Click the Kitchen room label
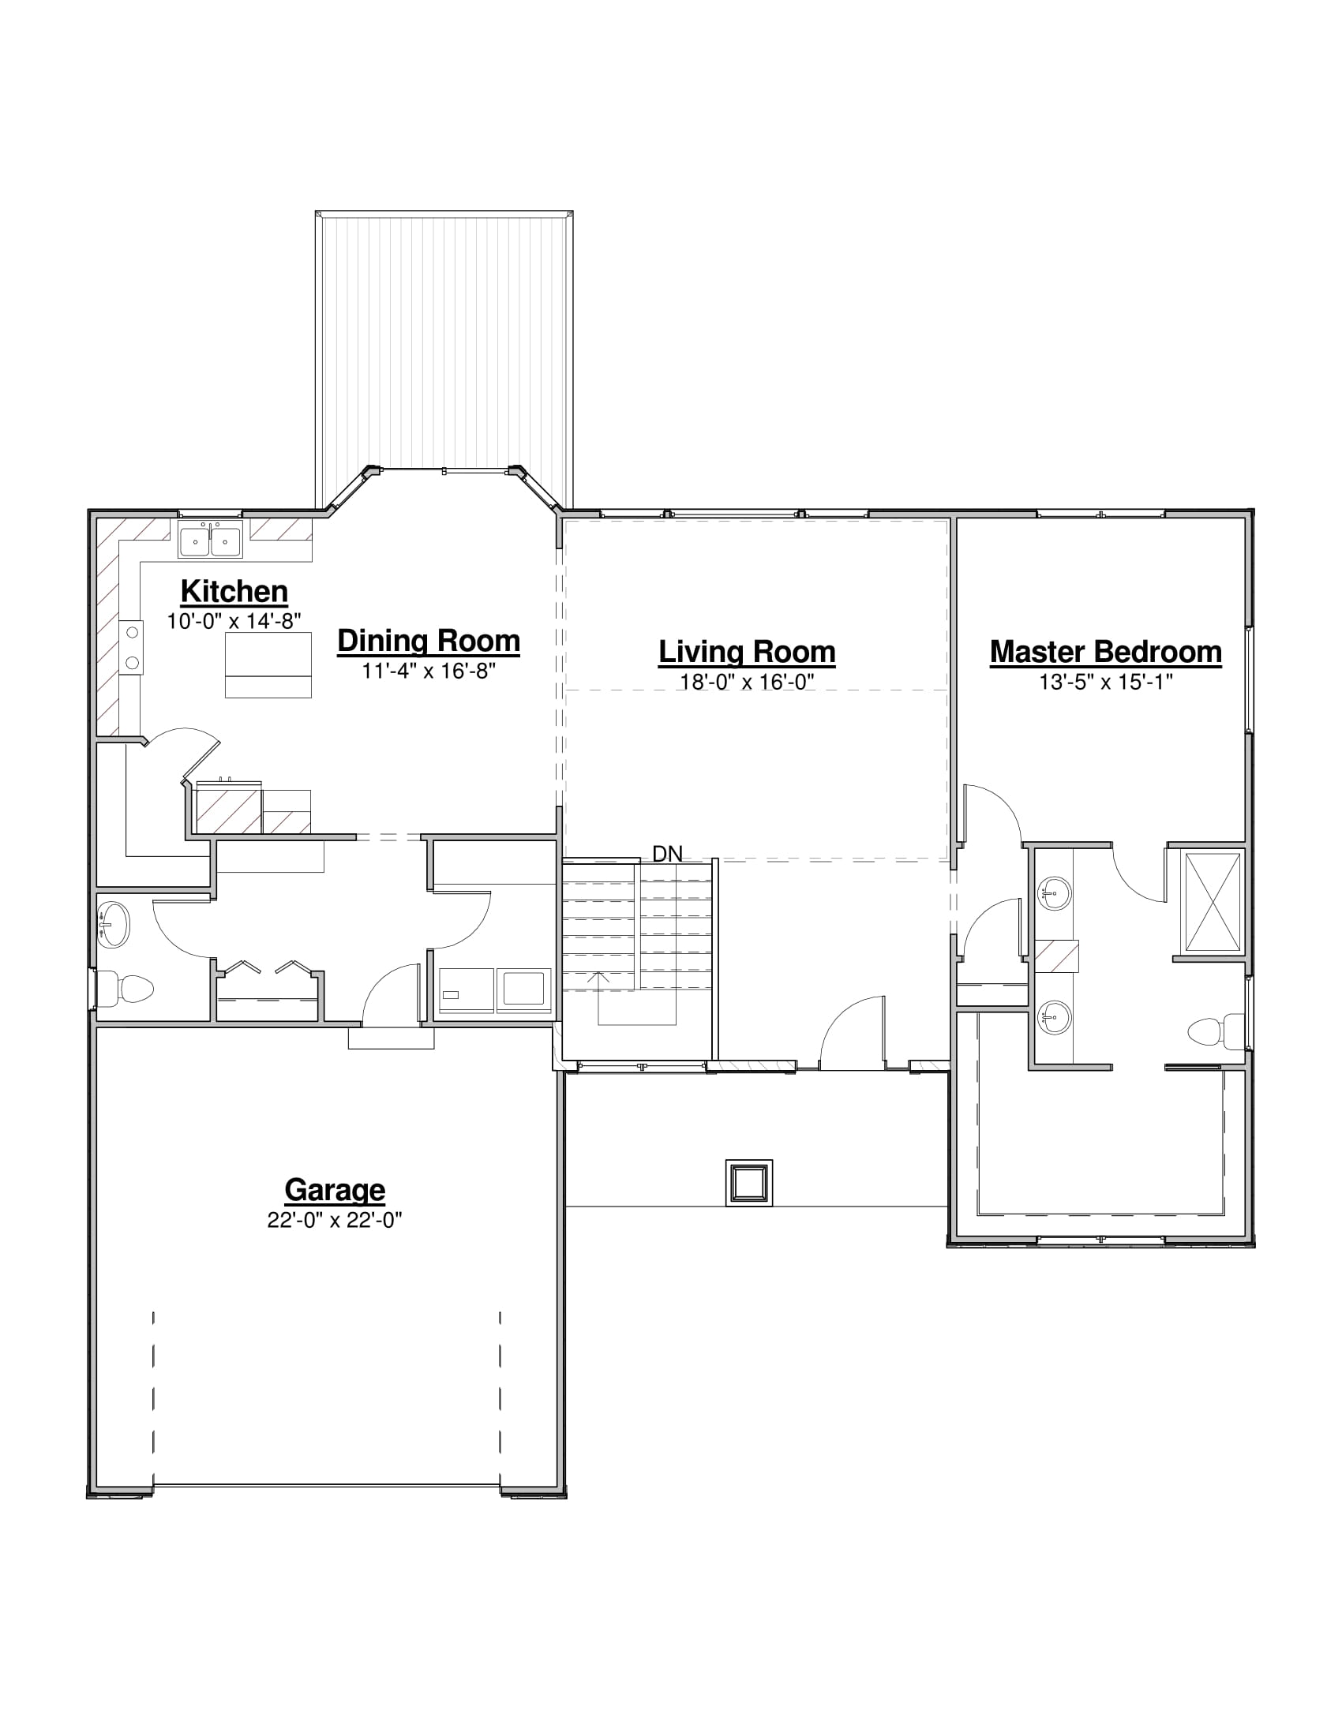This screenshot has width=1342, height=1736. [234, 591]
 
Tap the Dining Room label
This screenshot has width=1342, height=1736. [429, 642]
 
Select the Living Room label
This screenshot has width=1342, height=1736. [747, 653]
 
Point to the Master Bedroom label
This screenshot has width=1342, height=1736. [1105, 652]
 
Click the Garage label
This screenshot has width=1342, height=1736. [335, 1190]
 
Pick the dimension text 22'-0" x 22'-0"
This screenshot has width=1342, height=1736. [335, 1220]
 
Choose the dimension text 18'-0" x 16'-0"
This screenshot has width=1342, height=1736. [747, 682]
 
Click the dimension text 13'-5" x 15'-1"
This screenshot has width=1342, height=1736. [1105, 681]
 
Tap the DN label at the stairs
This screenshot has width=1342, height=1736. [667, 854]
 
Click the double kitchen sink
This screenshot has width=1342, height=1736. [210, 540]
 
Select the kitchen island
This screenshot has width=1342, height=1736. [268, 665]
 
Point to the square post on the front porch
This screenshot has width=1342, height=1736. [749, 1183]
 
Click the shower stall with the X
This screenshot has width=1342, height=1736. [1213, 902]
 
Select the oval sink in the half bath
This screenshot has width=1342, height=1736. [112, 925]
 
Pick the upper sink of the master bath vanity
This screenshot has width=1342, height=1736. [1054, 893]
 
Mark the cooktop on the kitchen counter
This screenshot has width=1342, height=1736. [132, 647]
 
